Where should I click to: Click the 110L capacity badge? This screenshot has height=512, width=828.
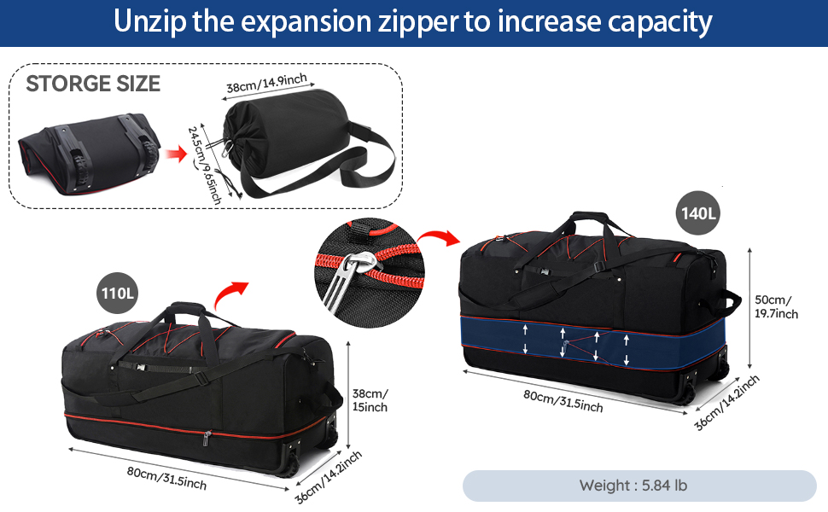pyautogui.click(x=117, y=293)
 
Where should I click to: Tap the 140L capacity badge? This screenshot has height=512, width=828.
pyautogui.click(x=697, y=213)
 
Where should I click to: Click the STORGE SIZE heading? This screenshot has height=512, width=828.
pyautogui.click(x=93, y=84)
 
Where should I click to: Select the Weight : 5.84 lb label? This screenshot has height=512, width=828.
pyautogui.click(x=633, y=485)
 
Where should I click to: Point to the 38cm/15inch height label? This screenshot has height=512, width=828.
pyautogui.click(x=370, y=400)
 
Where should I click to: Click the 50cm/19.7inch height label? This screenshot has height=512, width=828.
pyautogui.click(x=776, y=306)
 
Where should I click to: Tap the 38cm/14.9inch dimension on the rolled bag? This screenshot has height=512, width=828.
pyautogui.click(x=266, y=84)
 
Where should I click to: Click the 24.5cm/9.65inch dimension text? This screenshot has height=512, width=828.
pyautogui.click(x=204, y=165)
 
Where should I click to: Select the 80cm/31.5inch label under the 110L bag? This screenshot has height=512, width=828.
pyautogui.click(x=166, y=478)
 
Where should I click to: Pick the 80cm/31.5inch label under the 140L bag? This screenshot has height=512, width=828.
pyautogui.click(x=563, y=400)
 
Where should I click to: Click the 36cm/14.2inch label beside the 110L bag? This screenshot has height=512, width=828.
pyautogui.click(x=329, y=477)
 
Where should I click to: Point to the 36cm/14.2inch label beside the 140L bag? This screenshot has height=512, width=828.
pyautogui.click(x=726, y=402)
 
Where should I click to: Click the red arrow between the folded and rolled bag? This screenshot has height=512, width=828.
pyautogui.click(x=177, y=154)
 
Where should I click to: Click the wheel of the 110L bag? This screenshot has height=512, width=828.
pyautogui.click(x=290, y=465)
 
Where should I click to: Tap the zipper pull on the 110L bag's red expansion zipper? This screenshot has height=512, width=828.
pyautogui.click(x=207, y=438)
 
